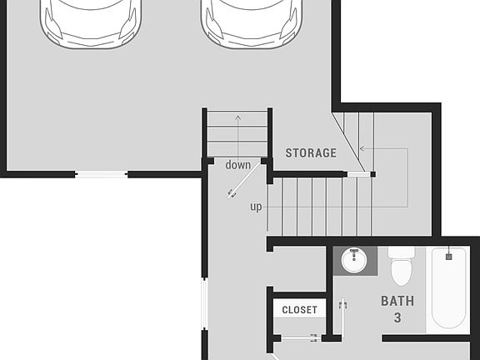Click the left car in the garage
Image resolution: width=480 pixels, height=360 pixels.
(87, 21)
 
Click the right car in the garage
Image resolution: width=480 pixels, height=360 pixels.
(247, 21)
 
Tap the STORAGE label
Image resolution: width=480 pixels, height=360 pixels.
(311, 153)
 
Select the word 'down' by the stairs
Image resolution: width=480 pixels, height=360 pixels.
(237, 165)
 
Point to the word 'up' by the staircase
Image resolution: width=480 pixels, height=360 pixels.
(256, 207)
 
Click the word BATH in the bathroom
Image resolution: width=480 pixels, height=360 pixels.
(397, 301)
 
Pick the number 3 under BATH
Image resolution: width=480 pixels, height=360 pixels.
(397, 317)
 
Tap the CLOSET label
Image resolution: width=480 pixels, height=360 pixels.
(299, 310)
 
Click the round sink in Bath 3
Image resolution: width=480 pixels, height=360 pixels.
(356, 260)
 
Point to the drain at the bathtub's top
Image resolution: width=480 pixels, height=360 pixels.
(448, 257)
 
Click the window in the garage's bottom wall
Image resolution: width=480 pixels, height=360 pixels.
(101, 174)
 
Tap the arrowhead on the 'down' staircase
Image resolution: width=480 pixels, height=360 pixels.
(238, 116)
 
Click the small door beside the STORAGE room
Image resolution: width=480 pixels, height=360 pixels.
(356, 174)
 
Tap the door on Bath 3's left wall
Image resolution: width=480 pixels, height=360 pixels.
(342, 317)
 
